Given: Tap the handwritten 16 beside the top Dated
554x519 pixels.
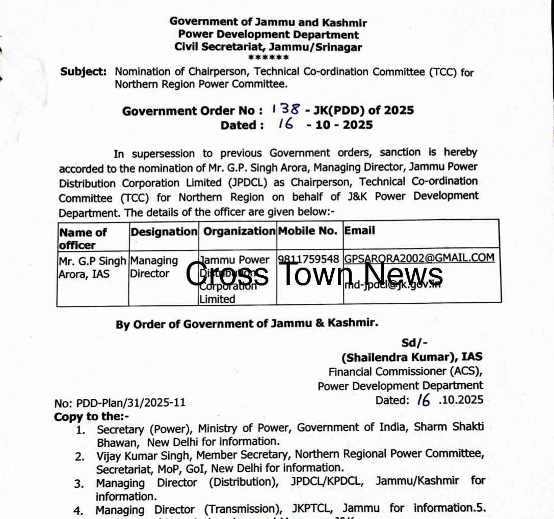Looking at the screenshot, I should pyautogui.click(x=286, y=124).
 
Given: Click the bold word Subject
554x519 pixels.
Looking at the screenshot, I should pyautogui.click(x=84, y=71).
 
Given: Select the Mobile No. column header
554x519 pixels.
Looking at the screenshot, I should pyautogui.click(x=307, y=230).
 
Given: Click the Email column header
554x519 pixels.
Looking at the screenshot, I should pyautogui.click(x=359, y=230).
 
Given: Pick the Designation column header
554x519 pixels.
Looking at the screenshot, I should pyautogui.click(x=164, y=232).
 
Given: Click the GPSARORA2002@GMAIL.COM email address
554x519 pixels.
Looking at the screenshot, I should pyautogui.click(x=419, y=257).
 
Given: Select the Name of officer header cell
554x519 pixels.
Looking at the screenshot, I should pyautogui.click(x=83, y=238).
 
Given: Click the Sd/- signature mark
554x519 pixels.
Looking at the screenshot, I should pyautogui.click(x=414, y=343).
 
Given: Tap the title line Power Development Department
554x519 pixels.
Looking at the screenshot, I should pyautogui.click(x=268, y=35).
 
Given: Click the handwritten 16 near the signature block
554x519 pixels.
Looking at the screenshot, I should pyautogui.click(x=423, y=400).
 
